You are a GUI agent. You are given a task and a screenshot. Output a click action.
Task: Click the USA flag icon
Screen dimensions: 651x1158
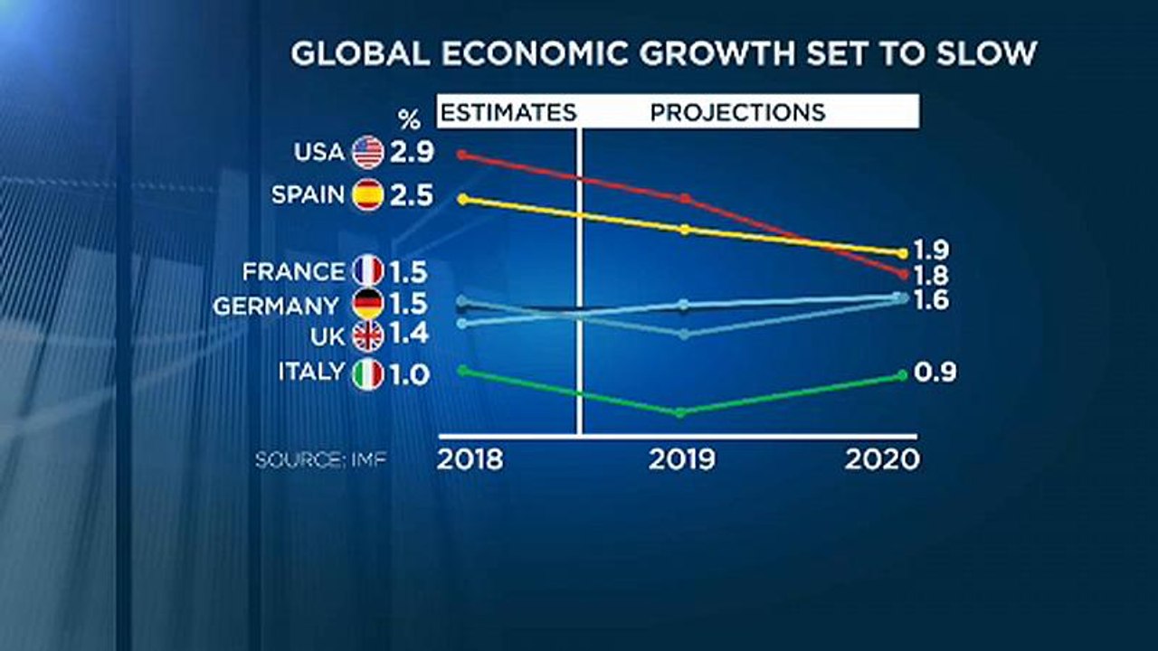368,152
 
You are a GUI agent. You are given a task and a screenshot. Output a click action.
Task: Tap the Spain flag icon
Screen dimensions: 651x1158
368,194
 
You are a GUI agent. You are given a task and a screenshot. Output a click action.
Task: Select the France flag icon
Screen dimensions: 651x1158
368,271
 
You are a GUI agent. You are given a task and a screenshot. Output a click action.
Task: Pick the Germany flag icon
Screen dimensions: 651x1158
368,305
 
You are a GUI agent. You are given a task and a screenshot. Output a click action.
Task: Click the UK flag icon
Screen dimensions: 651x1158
368,335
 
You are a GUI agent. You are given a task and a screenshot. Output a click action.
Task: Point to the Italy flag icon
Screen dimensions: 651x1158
368,373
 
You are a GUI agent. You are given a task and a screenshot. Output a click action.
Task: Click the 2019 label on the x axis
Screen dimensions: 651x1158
681,459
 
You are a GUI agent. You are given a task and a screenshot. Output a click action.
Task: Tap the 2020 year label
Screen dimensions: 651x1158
882,459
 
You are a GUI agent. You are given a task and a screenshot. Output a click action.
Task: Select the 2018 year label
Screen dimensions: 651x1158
470,459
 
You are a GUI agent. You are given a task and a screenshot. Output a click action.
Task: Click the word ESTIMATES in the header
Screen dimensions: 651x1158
508,112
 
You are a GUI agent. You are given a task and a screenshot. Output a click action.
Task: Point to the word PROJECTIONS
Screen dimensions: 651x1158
738,112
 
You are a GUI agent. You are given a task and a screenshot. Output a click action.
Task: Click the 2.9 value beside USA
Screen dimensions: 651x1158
412,153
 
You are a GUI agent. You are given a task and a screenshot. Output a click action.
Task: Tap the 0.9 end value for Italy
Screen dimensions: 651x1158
935,373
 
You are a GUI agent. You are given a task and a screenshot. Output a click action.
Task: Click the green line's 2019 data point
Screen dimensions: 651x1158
680,412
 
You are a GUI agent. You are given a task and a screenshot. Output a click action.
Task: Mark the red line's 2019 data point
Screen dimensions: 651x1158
685,197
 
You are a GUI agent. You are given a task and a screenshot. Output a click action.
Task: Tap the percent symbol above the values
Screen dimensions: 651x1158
410,118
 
